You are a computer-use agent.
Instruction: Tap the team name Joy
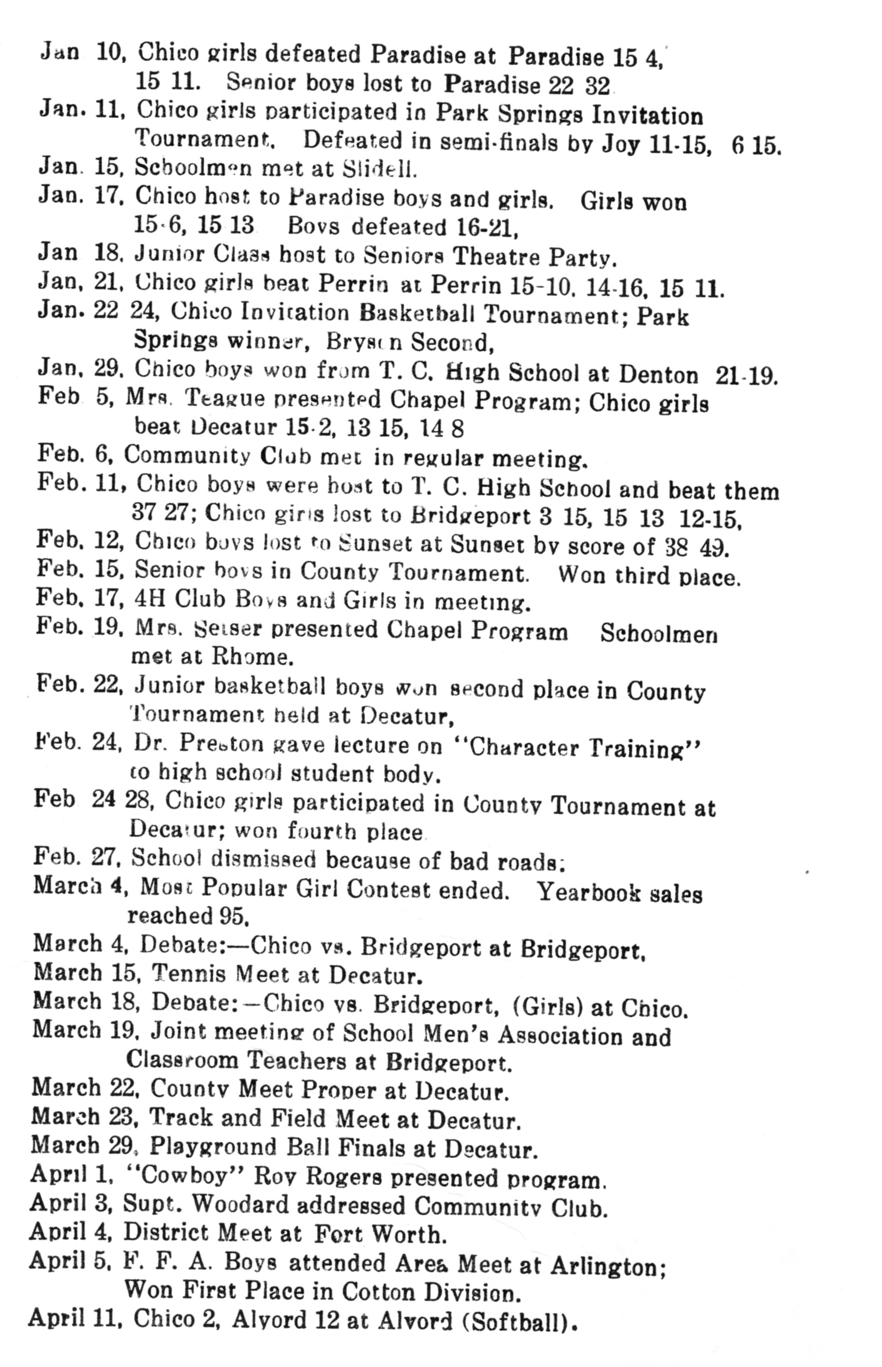(620, 144)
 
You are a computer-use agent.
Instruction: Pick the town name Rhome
(252, 656)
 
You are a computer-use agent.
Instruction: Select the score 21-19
(746, 375)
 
